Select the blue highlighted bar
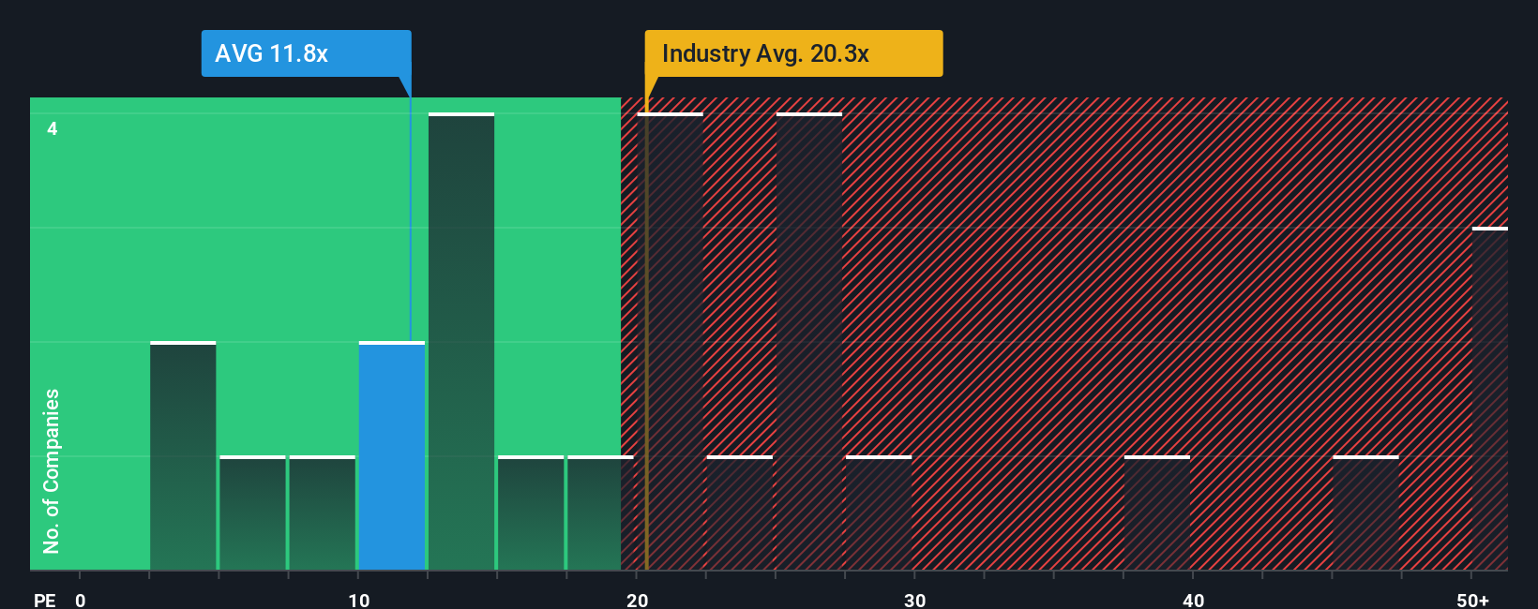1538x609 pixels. pyautogui.click(x=392, y=456)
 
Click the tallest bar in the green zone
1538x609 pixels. pyautogui.click(x=461, y=342)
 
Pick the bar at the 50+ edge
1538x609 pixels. pyautogui.click(x=1489, y=399)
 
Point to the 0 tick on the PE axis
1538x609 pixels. pyautogui.click(x=81, y=600)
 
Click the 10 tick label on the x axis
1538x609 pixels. pyautogui.click(x=359, y=600)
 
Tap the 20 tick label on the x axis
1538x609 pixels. pyautogui.click(x=637, y=600)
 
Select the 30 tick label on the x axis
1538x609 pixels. pyautogui.click(x=915, y=600)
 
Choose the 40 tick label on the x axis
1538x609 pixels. pyautogui.click(x=1193, y=600)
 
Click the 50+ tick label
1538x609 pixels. pyautogui.click(x=1472, y=600)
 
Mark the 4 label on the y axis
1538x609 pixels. pyautogui.click(x=53, y=128)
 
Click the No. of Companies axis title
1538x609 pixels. pyautogui.click(x=52, y=471)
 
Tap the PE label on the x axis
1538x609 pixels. pyautogui.click(x=44, y=600)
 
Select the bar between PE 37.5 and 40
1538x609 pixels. pyautogui.click(x=1157, y=513)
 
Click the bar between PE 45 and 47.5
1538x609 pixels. pyautogui.click(x=1365, y=513)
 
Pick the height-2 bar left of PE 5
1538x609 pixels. pyautogui.click(x=183, y=456)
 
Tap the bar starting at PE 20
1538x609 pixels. pyautogui.click(x=670, y=342)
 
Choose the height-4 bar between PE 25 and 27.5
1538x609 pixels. pyautogui.click(x=809, y=342)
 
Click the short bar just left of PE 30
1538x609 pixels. pyautogui.click(x=879, y=513)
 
